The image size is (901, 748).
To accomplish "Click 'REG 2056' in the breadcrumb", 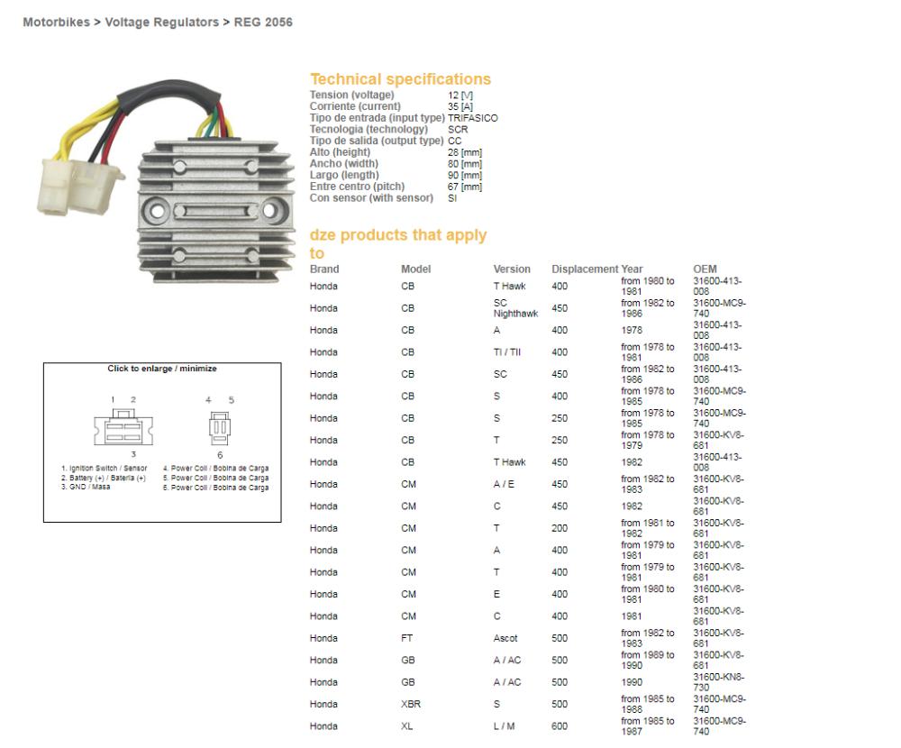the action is (263, 23).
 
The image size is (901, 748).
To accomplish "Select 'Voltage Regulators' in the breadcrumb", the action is (161, 23).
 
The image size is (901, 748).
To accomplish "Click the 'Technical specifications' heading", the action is (401, 78).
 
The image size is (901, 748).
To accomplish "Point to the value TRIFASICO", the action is (473, 118).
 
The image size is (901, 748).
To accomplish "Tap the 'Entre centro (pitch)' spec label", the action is (357, 187).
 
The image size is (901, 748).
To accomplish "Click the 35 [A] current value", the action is (460, 106).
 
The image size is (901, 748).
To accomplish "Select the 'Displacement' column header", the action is (585, 269).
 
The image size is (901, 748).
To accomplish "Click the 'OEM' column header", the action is (705, 269).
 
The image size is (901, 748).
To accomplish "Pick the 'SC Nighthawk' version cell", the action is (515, 308).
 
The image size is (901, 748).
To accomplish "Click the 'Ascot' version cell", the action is (505, 638).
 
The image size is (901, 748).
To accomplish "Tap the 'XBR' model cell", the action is (411, 705).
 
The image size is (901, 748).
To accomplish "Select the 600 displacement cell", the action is (560, 726).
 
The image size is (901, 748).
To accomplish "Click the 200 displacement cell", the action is (560, 528).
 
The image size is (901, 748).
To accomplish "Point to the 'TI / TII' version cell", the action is (506, 352).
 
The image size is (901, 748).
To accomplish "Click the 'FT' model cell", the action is (407, 638).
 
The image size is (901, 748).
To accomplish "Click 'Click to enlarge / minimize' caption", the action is (162, 369).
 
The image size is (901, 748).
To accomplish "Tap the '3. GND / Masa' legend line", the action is (86, 487).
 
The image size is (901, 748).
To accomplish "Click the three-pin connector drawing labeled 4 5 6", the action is (220, 428).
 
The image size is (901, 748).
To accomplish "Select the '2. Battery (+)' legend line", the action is (104, 478).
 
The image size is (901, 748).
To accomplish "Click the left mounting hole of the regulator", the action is (156, 210).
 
